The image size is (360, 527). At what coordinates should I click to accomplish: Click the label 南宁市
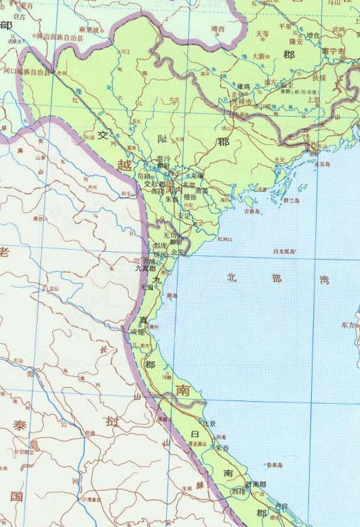point(332,52)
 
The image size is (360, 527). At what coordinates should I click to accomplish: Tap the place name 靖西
point(217,29)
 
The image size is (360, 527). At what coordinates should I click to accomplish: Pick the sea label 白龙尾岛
point(284,252)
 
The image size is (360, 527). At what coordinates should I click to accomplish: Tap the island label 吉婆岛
point(252,211)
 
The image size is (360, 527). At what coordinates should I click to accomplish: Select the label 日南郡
point(255,484)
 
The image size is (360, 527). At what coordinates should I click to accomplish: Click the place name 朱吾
point(221,447)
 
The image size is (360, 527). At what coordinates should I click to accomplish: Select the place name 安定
point(185,216)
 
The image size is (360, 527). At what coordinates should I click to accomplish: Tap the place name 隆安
point(294,41)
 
